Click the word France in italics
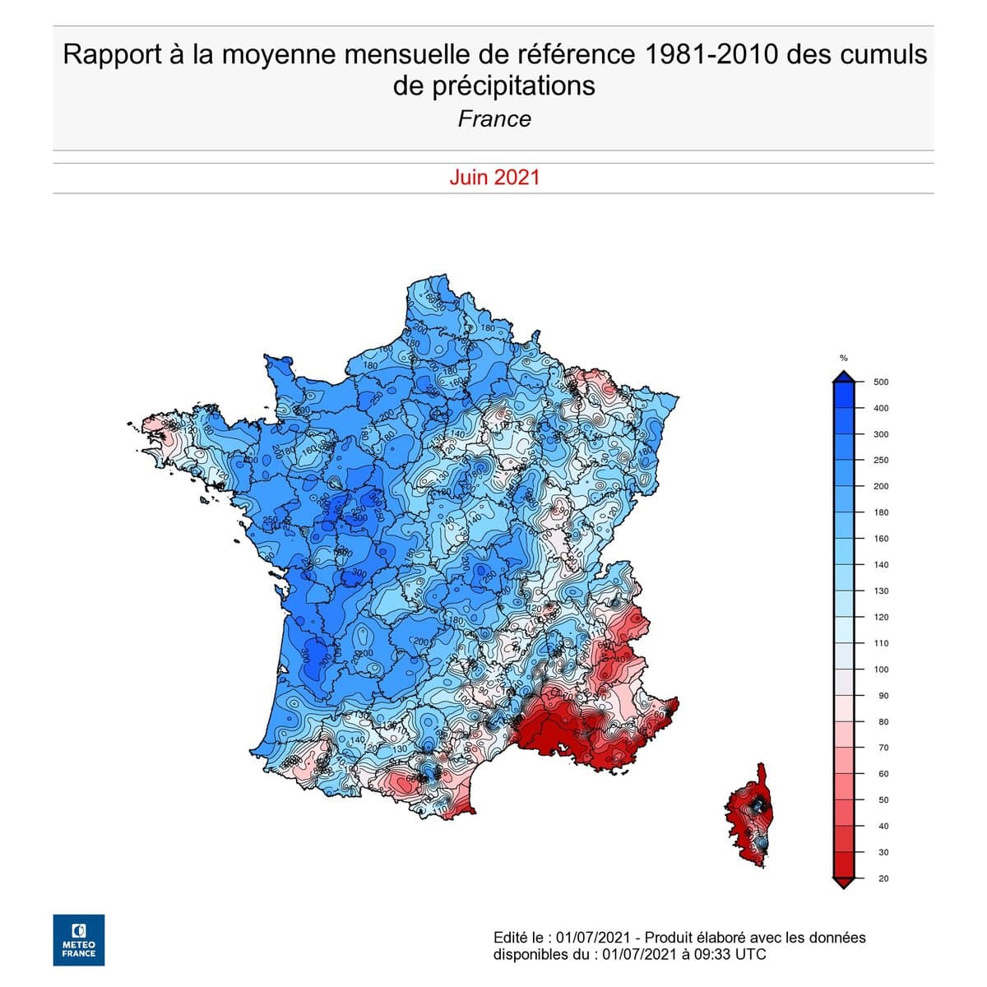coord(494,119)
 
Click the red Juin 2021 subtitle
coord(494,178)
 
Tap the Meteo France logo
coord(79,939)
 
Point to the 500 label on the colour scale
coord(880,382)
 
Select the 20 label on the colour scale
coord(883,879)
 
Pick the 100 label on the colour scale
coord(881,670)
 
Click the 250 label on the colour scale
coord(881,461)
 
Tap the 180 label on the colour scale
coord(881,512)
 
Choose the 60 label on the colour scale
coord(883,774)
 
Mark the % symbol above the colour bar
coord(843,358)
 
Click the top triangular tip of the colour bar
coord(842,377)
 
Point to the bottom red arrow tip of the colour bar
coord(842,883)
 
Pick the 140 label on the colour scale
coord(881,565)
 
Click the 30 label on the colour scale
coord(883,853)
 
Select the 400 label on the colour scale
coord(881,409)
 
